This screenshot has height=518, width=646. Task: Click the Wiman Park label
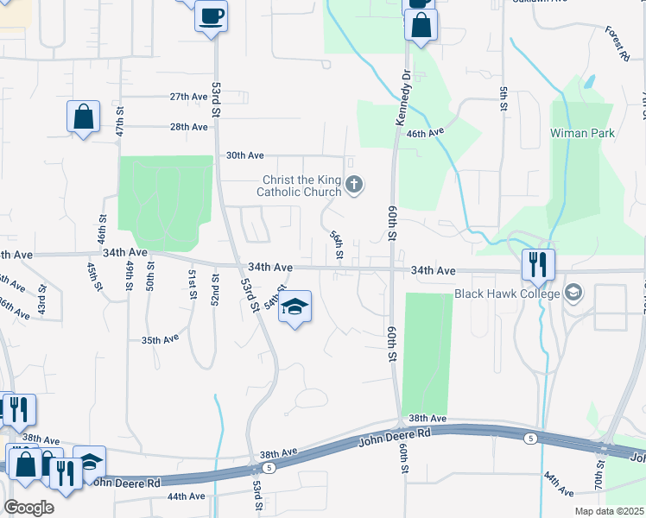(x=581, y=134)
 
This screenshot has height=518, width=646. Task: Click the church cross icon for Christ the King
(x=354, y=184)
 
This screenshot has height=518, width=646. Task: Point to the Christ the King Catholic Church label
(x=302, y=186)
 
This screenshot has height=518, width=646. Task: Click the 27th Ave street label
(x=188, y=97)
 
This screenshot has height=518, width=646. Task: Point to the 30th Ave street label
(x=244, y=155)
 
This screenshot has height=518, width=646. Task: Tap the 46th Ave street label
(x=425, y=133)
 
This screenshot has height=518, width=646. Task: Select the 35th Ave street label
(x=160, y=340)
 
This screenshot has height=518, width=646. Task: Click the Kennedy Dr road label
(x=401, y=98)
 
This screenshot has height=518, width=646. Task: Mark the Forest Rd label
(x=616, y=43)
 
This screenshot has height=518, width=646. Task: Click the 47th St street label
(x=120, y=123)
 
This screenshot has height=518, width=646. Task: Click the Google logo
(x=28, y=508)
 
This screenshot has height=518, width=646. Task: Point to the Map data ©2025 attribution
(x=608, y=511)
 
